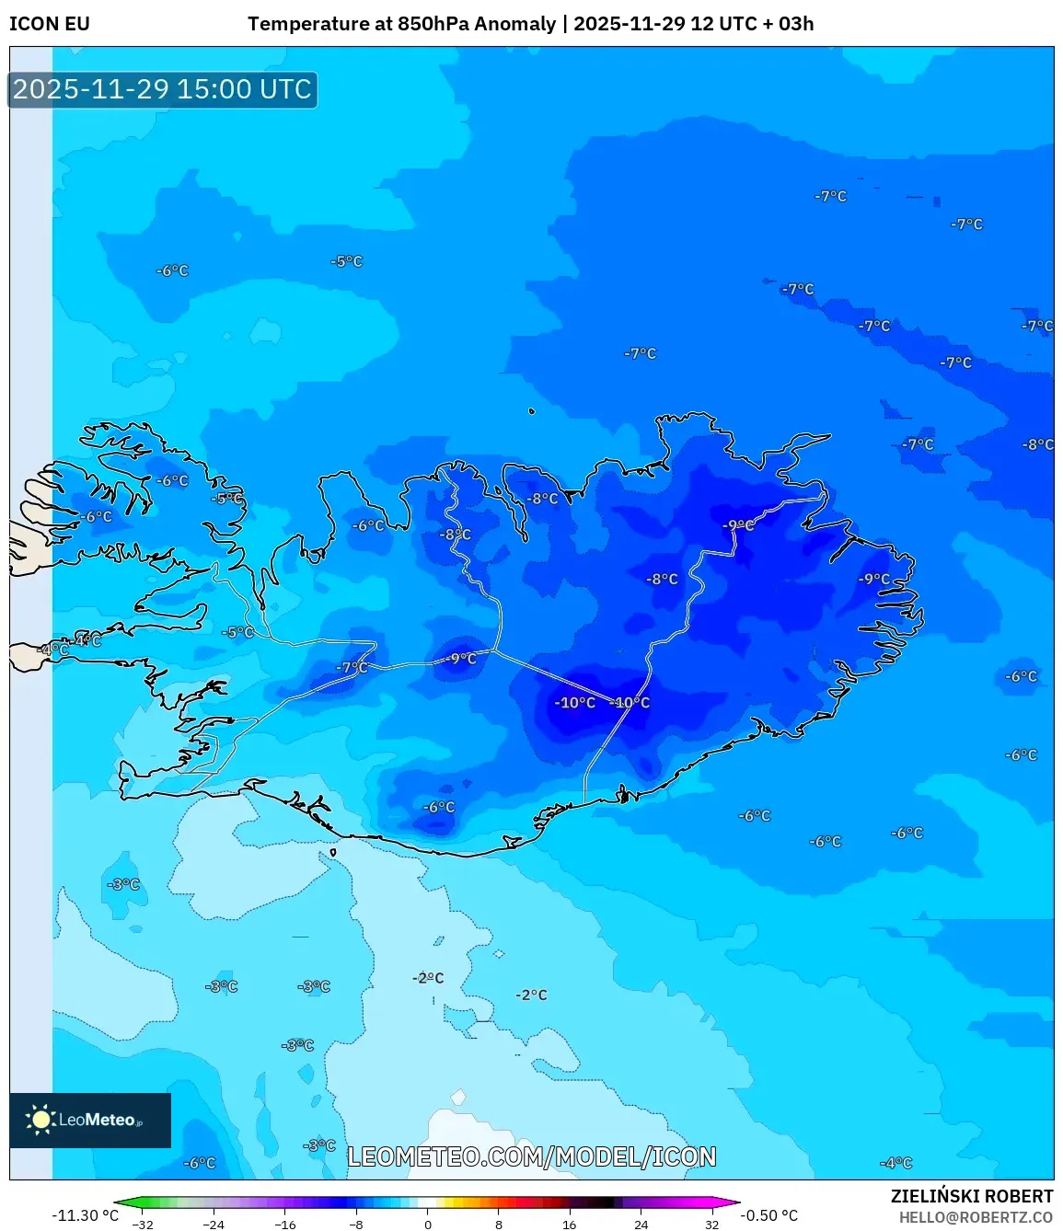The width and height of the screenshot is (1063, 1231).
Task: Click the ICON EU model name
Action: (50, 24)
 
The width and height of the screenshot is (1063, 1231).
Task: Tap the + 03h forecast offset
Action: (789, 24)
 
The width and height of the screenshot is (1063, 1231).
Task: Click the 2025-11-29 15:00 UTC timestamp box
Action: (163, 90)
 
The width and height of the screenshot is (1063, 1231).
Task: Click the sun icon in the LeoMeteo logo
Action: (40, 1119)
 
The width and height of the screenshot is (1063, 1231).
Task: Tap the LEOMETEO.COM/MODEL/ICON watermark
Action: (531, 1156)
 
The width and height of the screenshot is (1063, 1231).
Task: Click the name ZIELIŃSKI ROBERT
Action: (971, 1196)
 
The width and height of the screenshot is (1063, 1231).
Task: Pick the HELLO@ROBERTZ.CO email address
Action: (976, 1217)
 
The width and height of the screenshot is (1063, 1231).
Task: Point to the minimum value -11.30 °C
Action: (85, 1215)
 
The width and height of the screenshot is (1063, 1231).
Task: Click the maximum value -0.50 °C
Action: (769, 1215)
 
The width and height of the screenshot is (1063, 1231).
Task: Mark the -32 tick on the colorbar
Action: (143, 1225)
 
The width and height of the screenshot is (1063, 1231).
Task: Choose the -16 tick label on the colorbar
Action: (285, 1225)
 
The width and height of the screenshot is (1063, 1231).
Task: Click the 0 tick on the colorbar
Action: (428, 1225)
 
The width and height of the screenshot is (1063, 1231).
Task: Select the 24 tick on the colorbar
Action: (641, 1225)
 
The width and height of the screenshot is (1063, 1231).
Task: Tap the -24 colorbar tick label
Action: (214, 1225)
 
